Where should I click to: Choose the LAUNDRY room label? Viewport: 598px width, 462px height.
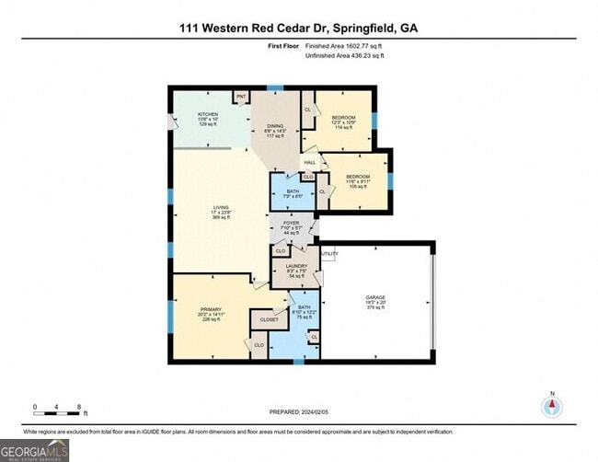(295, 267)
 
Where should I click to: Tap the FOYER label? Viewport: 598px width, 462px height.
(293, 222)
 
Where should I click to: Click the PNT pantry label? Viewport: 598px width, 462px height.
(242, 97)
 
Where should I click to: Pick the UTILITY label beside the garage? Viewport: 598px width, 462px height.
(329, 254)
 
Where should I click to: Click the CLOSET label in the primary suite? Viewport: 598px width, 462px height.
(270, 319)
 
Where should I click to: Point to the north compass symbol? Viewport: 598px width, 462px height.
(552, 406)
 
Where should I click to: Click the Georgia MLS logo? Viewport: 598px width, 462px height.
(35, 449)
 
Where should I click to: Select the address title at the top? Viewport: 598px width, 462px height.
(298, 29)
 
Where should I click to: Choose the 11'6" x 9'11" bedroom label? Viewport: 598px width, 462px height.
(358, 177)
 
